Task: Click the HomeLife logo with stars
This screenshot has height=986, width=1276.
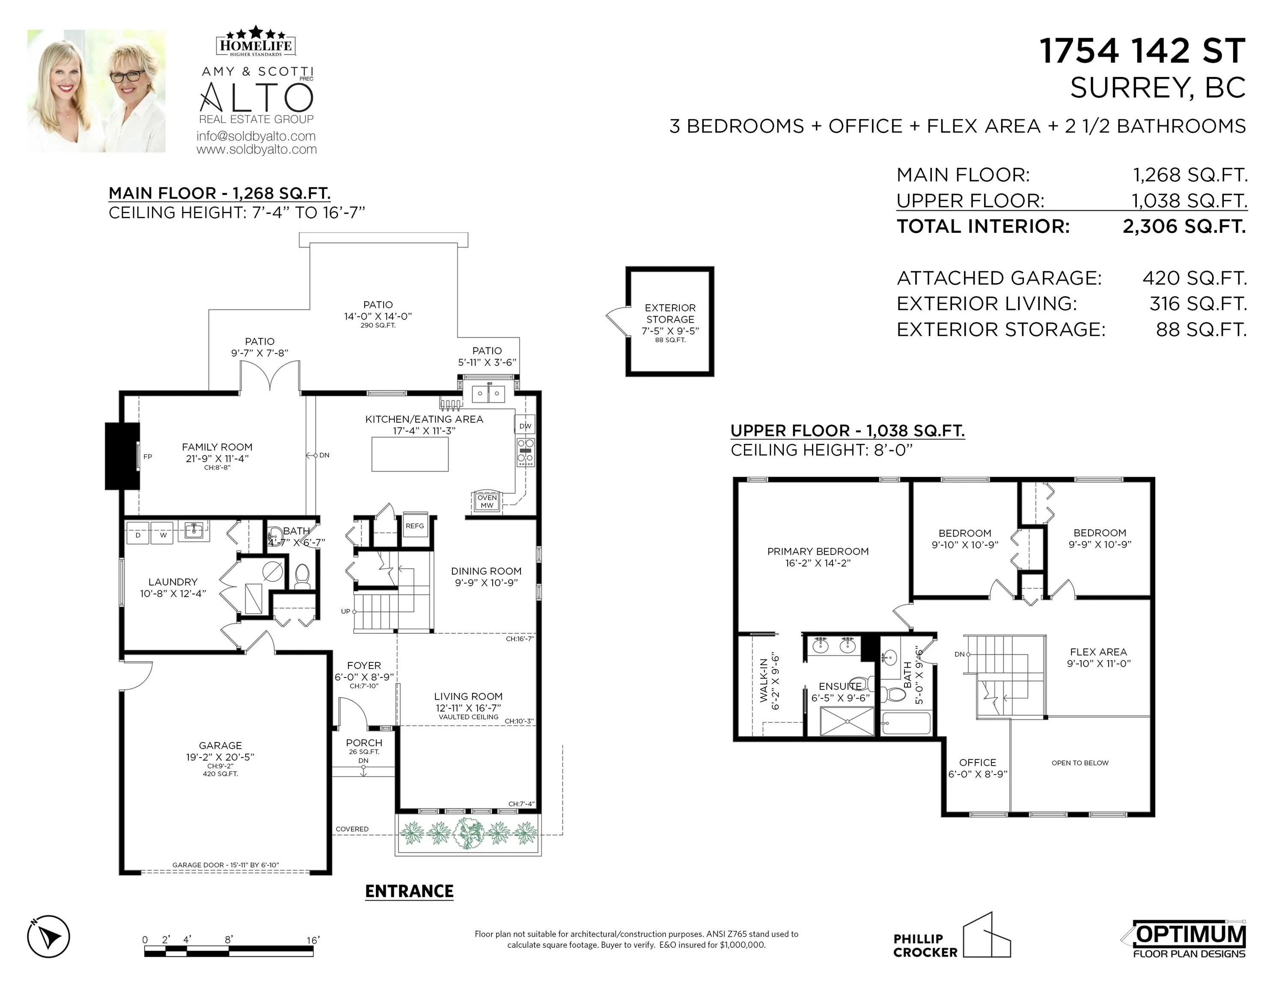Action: (x=256, y=41)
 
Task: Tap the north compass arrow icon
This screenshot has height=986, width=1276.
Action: (x=48, y=936)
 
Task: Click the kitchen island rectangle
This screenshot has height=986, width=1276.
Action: (x=410, y=454)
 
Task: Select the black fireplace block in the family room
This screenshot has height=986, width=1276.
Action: (x=122, y=456)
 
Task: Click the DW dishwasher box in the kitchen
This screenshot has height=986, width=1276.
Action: (x=525, y=426)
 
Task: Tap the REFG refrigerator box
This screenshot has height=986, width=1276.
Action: (x=415, y=526)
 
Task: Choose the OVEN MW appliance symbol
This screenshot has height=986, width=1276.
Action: (x=487, y=501)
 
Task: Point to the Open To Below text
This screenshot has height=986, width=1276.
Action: (x=1080, y=763)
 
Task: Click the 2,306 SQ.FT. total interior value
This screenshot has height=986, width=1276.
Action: (x=1184, y=226)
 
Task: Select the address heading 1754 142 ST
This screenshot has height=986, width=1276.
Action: (x=1142, y=51)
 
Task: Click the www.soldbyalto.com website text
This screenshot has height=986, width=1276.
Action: (x=256, y=149)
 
